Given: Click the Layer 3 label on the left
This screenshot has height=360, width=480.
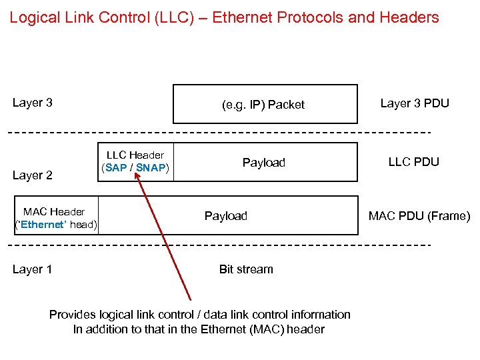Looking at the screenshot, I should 33,103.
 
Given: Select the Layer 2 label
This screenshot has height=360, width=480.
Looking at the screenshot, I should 33,175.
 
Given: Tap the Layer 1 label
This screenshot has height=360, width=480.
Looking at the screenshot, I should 33,269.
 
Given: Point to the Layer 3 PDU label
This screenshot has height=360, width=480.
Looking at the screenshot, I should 415,103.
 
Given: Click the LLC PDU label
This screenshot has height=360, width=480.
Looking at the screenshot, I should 414,162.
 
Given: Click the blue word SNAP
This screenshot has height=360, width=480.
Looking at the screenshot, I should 151,168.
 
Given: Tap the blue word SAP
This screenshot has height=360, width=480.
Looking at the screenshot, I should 115,168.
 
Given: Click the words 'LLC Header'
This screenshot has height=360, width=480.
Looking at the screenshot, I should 135,155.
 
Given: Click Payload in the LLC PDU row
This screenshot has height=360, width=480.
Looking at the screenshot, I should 263,163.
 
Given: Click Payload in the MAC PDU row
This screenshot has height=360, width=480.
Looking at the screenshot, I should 225,216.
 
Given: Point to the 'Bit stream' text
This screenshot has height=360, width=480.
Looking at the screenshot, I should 246,269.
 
